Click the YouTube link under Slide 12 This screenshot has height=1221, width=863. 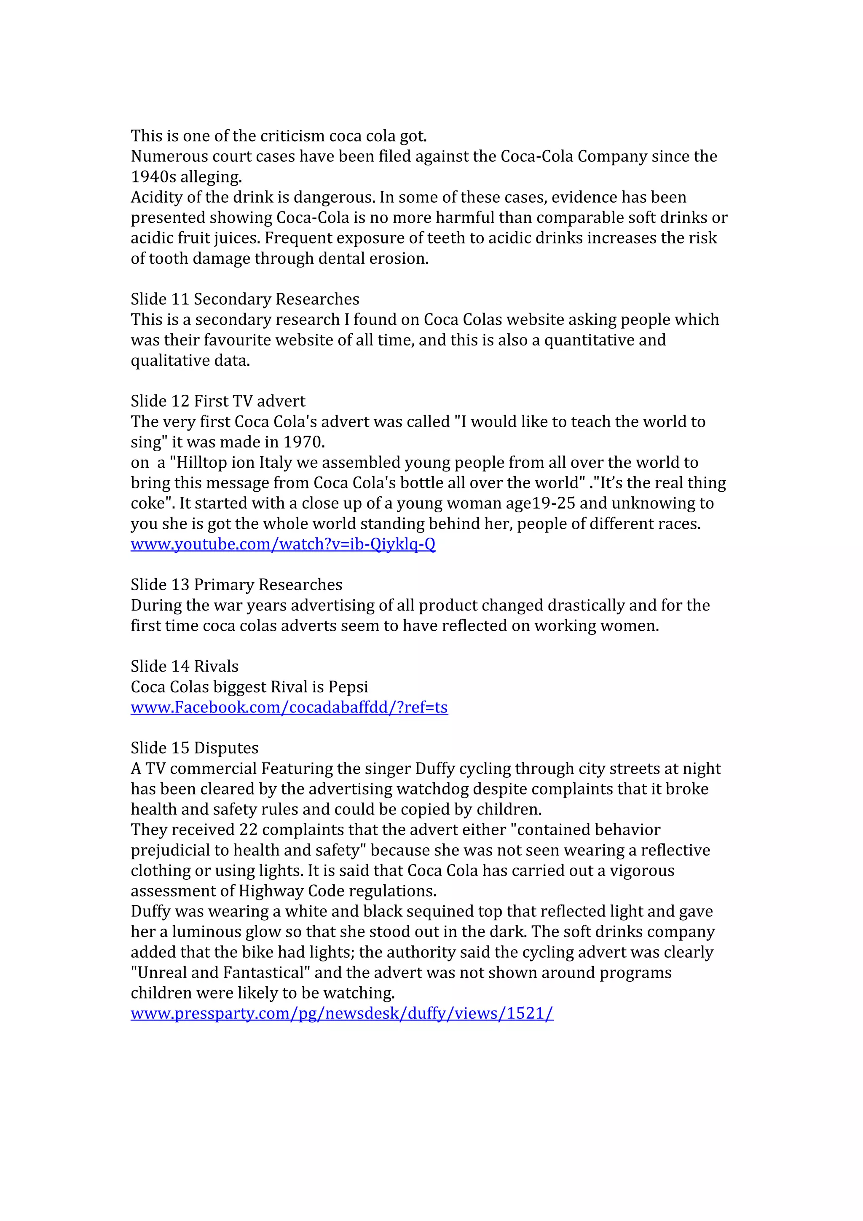coord(283,544)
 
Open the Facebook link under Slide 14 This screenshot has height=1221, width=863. coord(289,707)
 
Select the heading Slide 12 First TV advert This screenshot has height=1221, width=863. coord(218,401)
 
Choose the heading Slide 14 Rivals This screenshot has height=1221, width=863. coord(185,667)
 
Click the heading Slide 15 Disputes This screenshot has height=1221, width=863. coord(195,748)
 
